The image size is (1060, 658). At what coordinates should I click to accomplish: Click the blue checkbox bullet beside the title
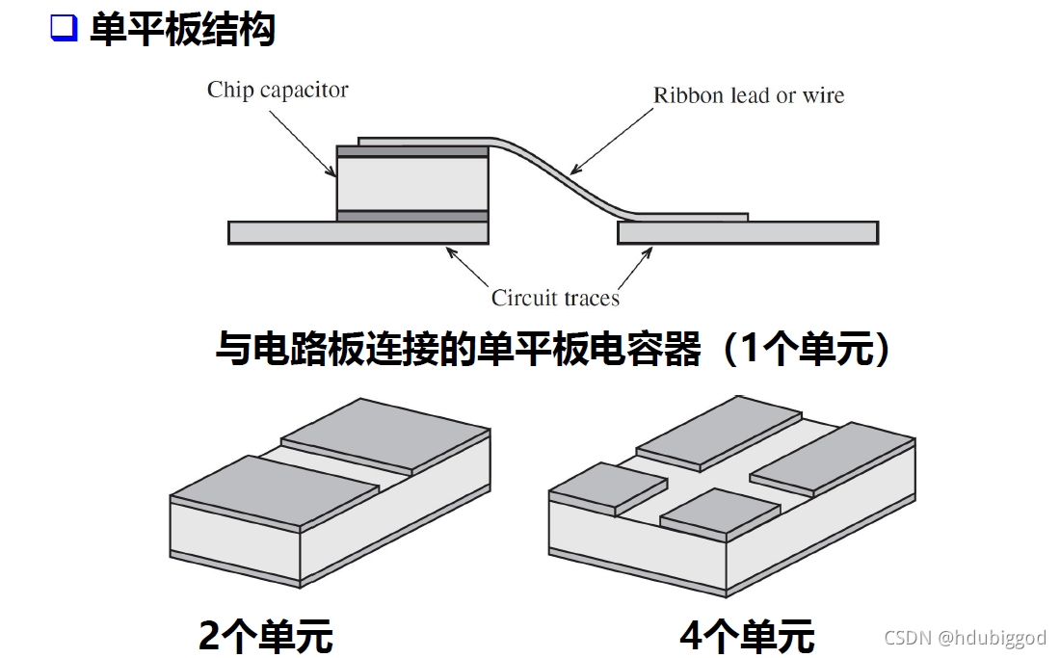[x=63, y=29]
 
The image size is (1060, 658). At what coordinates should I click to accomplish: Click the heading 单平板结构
[x=182, y=30]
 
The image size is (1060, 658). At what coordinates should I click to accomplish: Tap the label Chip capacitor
[x=278, y=91]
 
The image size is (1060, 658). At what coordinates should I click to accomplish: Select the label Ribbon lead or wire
[x=749, y=95]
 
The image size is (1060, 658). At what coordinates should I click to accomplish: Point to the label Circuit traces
[x=555, y=298]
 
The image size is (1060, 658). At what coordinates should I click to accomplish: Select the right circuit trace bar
[x=747, y=232]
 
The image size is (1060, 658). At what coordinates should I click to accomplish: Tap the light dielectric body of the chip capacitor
[x=412, y=183]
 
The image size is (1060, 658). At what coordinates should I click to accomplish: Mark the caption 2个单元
[x=265, y=637]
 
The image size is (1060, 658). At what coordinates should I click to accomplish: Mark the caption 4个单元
[x=747, y=637]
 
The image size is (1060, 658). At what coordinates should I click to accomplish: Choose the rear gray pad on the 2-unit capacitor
[x=385, y=434]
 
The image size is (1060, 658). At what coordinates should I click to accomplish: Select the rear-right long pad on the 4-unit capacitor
[x=831, y=461]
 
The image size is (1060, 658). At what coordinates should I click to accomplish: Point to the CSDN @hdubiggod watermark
[x=965, y=638]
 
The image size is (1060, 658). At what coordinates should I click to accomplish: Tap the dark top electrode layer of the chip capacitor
[x=412, y=151]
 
